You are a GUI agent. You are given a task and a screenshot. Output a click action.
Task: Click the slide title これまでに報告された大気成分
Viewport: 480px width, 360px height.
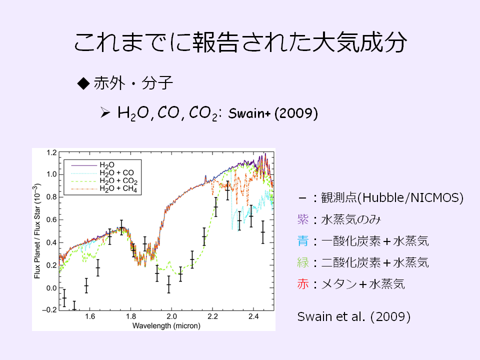point(240,42)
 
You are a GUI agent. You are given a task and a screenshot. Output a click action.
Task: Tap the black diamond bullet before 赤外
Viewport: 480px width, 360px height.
point(83,83)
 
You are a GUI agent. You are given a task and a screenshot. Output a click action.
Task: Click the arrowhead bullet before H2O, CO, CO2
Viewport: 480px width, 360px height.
point(105,113)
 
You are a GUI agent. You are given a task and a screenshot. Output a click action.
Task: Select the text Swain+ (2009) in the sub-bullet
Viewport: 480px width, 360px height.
point(273,113)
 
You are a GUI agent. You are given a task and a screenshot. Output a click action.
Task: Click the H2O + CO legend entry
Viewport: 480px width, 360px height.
point(116,172)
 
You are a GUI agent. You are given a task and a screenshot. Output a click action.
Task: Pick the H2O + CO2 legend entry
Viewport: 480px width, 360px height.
point(118,180)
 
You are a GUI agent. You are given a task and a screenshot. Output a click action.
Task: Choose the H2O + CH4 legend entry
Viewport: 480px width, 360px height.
point(118,188)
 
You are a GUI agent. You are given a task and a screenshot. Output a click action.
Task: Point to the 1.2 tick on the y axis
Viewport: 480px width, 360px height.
point(51,152)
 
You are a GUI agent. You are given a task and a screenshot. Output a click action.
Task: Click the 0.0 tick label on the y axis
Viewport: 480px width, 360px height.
point(51,288)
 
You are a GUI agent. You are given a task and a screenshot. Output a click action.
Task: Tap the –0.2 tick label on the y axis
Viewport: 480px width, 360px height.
point(49,310)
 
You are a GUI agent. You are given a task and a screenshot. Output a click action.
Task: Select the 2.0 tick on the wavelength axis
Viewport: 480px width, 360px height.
point(171,316)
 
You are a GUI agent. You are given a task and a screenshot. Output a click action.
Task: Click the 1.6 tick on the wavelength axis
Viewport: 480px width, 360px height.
point(89,316)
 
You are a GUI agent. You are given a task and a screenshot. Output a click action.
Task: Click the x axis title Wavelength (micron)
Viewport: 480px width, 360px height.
point(166,325)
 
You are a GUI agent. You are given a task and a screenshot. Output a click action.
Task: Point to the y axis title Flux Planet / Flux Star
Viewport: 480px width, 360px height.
point(37,231)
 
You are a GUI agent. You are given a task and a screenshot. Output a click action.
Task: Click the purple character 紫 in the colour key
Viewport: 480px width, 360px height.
point(303,219)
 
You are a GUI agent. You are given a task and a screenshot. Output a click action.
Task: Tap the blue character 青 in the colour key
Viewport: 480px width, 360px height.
point(303,241)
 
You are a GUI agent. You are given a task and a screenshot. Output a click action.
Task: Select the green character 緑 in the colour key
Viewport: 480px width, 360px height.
point(303,262)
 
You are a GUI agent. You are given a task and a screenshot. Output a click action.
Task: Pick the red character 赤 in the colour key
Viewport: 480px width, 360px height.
point(303,284)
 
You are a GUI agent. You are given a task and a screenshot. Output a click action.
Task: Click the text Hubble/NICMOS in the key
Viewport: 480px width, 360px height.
point(410,198)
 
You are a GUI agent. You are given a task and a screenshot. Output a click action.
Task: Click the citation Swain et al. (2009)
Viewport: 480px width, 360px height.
point(354,316)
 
